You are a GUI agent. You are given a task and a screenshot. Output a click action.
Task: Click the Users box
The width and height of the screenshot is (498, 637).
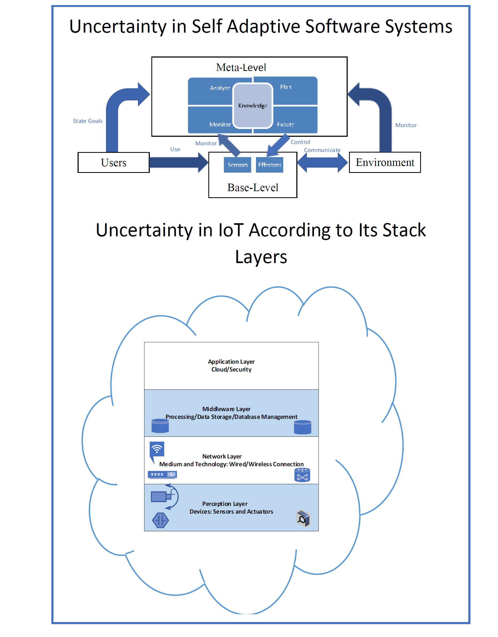pyautogui.click(x=113, y=162)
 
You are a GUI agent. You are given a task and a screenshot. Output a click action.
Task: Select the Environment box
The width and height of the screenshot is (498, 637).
pyautogui.click(x=385, y=162)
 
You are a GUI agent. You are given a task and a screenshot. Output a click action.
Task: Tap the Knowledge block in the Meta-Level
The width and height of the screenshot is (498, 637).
pyautogui.click(x=252, y=106)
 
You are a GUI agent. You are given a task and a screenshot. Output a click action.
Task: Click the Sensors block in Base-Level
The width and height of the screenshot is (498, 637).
pyautogui.click(x=237, y=165)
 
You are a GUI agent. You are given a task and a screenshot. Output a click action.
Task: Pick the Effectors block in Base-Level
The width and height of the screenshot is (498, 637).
pyautogui.click(x=269, y=165)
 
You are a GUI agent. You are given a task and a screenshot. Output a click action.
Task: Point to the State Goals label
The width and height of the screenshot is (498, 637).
pyautogui.click(x=87, y=121)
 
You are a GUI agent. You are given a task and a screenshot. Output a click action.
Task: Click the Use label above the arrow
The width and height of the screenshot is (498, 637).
pyautogui.click(x=175, y=149)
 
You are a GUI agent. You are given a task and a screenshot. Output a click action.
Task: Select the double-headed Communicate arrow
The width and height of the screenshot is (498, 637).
pyautogui.click(x=322, y=162)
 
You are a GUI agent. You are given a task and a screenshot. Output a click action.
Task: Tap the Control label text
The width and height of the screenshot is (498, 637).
pyautogui.click(x=300, y=142)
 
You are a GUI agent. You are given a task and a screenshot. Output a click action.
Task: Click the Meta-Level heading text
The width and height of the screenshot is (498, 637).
pyautogui.click(x=241, y=67)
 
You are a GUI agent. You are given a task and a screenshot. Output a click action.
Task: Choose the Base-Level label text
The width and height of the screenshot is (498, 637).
pyautogui.click(x=252, y=188)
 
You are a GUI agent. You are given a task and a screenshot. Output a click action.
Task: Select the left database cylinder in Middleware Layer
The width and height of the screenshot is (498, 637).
pyautogui.click(x=160, y=426)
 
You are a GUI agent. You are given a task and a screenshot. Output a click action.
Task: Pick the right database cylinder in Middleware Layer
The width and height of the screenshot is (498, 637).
pyautogui.click(x=302, y=427)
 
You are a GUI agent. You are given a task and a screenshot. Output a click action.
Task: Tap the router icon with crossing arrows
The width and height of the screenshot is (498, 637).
pyautogui.click(x=302, y=475)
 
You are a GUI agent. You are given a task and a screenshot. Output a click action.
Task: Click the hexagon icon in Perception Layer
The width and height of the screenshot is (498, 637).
pyautogui.click(x=160, y=520)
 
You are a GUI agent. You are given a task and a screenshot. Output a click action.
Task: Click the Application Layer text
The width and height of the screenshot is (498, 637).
pyautogui.click(x=231, y=362)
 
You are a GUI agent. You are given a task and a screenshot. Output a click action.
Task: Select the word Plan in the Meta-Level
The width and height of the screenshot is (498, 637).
pyautogui.click(x=285, y=87)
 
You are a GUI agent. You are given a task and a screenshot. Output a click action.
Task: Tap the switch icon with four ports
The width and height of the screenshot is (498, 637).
pyautogui.click(x=162, y=475)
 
